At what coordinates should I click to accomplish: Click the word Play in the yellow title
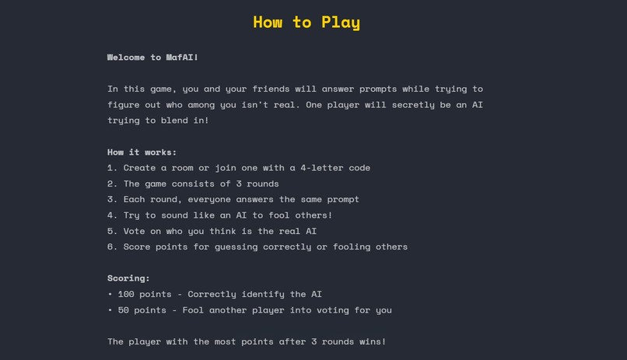(x=341, y=23)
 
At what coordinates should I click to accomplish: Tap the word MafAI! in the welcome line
(x=182, y=58)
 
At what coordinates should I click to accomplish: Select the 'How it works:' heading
(x=142, y=152)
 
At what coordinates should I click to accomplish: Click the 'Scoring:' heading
(x=128, y=278)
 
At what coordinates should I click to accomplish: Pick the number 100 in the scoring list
(x=126, y=294)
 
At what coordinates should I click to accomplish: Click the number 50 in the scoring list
(x=124, y=310)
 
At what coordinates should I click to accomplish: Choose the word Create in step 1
(x=139, y=168)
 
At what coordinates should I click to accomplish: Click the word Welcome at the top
(x=129, y=58)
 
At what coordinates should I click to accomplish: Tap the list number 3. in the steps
(x=113, y=199)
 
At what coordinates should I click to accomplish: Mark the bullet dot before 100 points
(x=110, y=294)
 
